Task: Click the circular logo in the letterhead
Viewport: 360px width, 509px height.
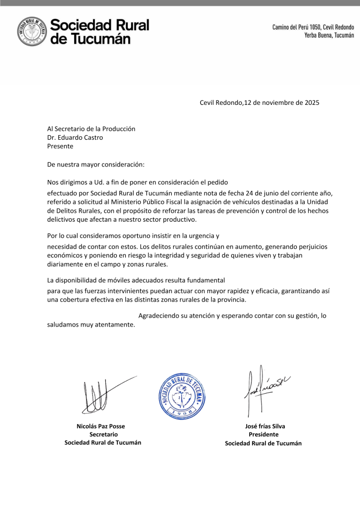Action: [33, 31]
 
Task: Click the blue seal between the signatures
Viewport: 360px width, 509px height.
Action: [181, 396]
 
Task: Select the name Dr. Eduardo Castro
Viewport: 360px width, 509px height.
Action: [75, 137]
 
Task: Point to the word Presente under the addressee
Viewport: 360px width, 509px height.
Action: [60, 146]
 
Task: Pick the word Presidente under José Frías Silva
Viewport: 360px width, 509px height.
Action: [264, 434]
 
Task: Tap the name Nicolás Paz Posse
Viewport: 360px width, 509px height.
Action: [101, 426]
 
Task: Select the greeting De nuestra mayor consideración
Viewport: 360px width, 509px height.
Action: [95, 164]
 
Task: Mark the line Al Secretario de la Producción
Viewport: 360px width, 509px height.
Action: [91, 128]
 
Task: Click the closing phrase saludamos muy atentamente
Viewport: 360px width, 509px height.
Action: [91, 325]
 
